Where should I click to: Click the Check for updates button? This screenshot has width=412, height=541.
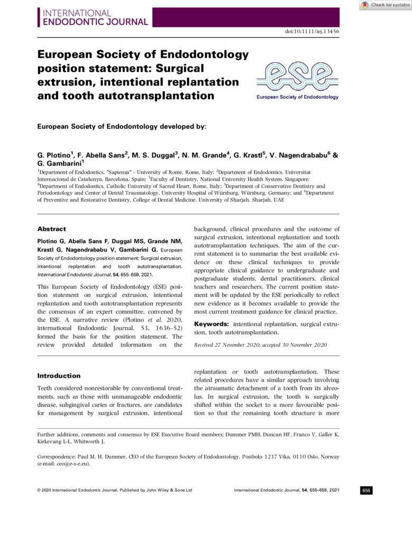pos(386,5)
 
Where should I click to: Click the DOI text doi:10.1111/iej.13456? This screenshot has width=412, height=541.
pos(312,32)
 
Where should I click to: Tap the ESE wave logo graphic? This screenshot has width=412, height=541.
pos(297,77)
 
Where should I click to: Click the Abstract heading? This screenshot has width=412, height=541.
pos(51,229)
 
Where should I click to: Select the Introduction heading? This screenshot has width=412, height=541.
pos(59,376)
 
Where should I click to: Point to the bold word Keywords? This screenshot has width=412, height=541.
pos(212,323)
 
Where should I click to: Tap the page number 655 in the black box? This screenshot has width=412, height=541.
pos(367,490)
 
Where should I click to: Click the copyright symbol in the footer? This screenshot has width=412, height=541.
pos(39,490)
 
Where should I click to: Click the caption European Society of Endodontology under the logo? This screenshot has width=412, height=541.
pos(297,97)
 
